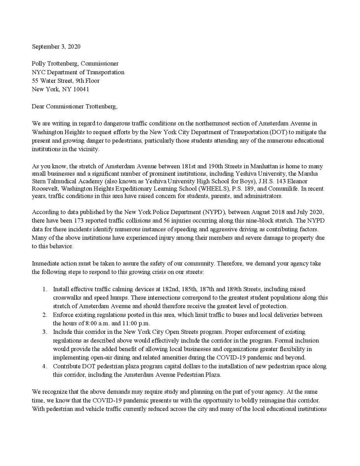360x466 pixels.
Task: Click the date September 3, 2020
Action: (x=56, y=47)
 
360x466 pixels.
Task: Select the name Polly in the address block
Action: (x=38, y=64)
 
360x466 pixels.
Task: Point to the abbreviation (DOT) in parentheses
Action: (x=277, y=132)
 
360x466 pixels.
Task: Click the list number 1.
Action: (x=45, y=289)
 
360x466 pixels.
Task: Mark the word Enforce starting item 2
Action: (x=63, y=315)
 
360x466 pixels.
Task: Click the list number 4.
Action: (x=45, y=366)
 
